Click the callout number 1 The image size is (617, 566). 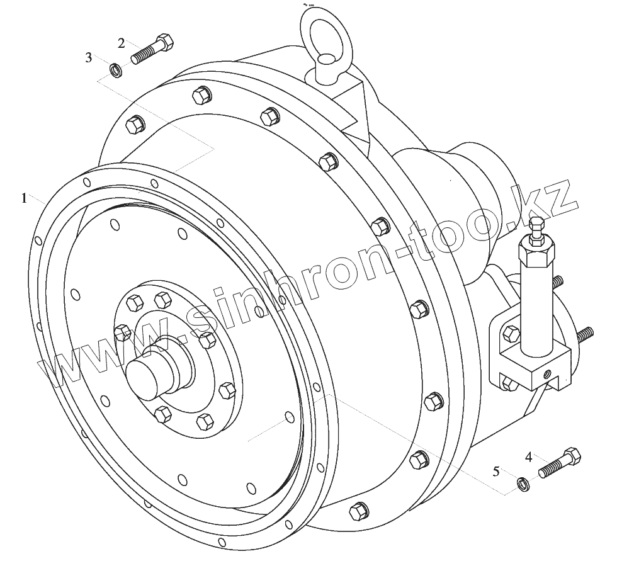click(25, 198)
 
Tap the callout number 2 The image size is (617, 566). click(122, 43)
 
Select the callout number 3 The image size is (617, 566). click(89, 58)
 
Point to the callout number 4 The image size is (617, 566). click(529, 457)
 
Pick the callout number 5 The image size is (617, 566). click(496, 471)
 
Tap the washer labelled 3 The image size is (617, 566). click(116, 69)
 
